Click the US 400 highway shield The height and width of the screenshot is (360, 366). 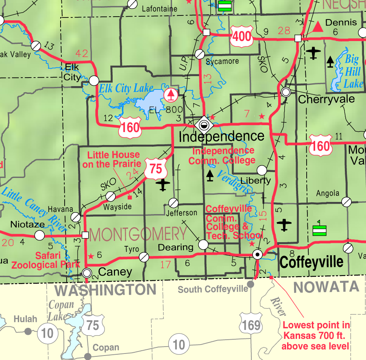coord(242,37)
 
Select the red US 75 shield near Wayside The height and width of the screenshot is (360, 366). coord(156,168)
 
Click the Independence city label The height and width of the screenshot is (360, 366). coord(222,137)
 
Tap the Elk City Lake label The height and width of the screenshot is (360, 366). coord(126,88)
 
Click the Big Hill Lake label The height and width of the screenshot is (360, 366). coord(352,72)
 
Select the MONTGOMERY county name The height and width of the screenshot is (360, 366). coord(138,234)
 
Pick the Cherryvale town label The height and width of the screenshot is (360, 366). coord(326,99)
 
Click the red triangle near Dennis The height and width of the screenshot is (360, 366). coord(317,27)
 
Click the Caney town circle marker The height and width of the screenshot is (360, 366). coord(87,272)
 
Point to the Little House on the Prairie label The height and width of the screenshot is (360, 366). coord(113,159)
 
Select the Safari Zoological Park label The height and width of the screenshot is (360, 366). coord(40,260)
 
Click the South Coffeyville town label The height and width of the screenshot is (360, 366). coord(213,289)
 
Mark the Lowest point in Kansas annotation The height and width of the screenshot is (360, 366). coord(316,336)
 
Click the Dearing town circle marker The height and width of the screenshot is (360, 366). coord(203,245)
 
